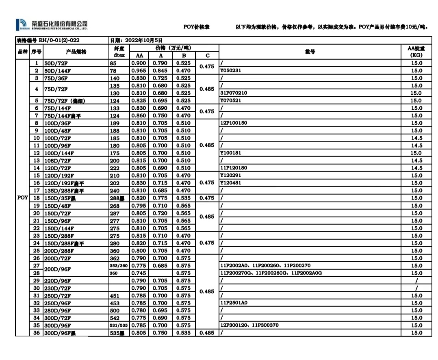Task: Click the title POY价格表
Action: [x=196, y=27]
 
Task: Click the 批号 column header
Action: [x=310, y=52]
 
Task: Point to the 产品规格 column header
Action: [x=76, y=52]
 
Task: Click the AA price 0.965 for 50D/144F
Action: [x=139, y=70]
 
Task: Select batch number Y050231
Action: [x=230, y=70]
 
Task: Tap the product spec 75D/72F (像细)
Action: [x=65, y=100]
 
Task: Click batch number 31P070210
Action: [x=234, y=93]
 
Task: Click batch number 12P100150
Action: [x=234, y=123]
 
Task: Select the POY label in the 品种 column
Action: [x=22, y=197]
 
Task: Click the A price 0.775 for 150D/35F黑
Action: [x=161, y=198]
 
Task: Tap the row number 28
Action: [x=37, y=273]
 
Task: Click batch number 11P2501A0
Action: [x=234, y=303]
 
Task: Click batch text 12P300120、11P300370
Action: [x=249, y=325]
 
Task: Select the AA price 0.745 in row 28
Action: [x=139, y=273]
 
